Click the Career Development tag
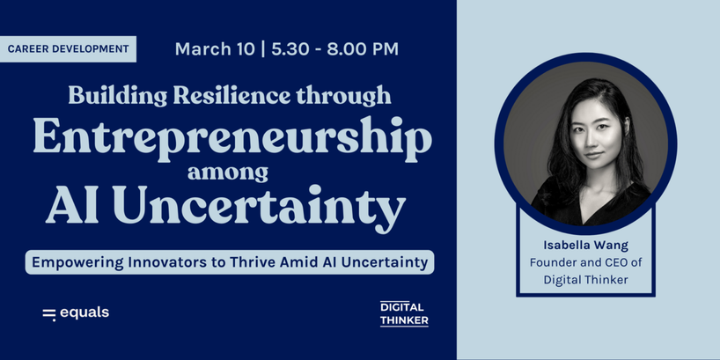tap(68, 48)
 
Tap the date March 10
tap(215, 49)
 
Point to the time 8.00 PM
tap(363, 49)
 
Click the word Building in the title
tap(118, 97)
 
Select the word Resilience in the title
tap(231, 95)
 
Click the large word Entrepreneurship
tap(232, 139)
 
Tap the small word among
tap(228, 173)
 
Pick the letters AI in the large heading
tap(74, 204)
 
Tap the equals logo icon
tap(49, 314)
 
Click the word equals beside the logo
tap(84, 313)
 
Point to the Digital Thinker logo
tap(404, 313)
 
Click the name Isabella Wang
tap(586, 246)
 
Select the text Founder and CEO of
tap(586, 262)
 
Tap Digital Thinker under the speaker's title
tap(586, 280)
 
